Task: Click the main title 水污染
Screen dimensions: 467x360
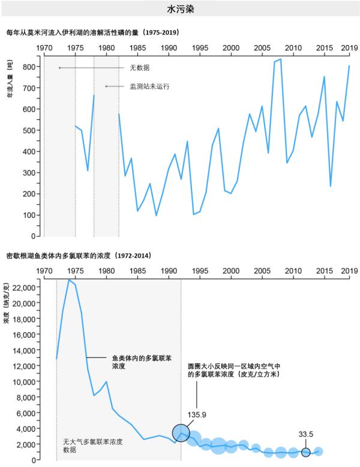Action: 180,10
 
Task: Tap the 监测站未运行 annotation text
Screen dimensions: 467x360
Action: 149,86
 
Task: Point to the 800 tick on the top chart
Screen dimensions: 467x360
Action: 28,67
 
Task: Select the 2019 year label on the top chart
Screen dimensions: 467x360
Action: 349,48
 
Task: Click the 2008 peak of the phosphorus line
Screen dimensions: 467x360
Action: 281,59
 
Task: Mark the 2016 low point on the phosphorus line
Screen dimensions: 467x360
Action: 331,186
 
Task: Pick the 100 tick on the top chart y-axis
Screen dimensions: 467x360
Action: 28,215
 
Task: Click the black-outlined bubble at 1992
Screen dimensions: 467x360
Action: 181,432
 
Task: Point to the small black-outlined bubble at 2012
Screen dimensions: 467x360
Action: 306,452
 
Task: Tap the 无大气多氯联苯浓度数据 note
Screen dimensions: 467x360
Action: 93,445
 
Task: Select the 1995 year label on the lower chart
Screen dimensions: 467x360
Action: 200,271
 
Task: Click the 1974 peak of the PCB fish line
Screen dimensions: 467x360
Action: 69,280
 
